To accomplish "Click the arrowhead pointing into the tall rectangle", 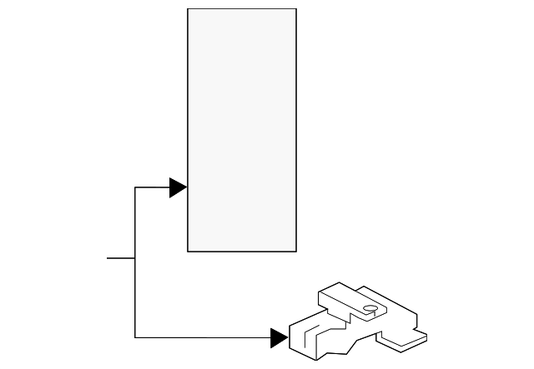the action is (178, 187).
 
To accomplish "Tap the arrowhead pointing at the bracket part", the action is (279, 337).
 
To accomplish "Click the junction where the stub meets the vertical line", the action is (135, 258).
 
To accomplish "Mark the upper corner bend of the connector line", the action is (135, 187).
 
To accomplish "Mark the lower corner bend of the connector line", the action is (135, 337).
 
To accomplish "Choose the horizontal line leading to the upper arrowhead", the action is (152, 187).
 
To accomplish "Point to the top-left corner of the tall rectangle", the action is (188, 9).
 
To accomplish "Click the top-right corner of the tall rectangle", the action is (296, 9).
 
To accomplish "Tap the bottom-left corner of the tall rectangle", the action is (188, 251).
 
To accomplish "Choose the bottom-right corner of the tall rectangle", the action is (296, 251).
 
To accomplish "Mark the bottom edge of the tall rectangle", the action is (242, 251).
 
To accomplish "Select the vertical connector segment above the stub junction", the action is (135, 223).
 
